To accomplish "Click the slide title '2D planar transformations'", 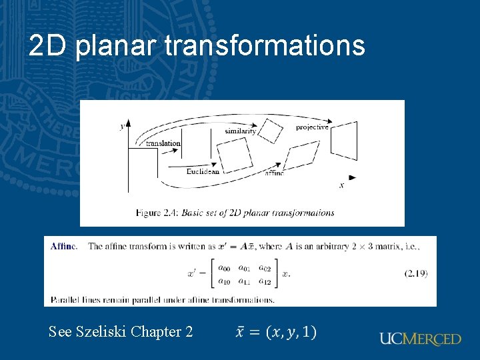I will (197, 46).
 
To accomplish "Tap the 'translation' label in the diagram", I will (163, 143).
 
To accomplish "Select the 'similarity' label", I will (241, 131).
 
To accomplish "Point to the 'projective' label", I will (312, 127).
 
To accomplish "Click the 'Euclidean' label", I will (203, 171).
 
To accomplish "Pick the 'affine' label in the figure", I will (274, 173).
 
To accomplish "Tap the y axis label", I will (122, 125).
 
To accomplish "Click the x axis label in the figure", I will (341, 185).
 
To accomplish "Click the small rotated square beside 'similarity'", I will (271, 129).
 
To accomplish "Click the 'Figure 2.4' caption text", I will (235, 213).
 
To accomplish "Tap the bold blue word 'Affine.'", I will (64, 246).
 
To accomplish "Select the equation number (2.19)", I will (415, 273).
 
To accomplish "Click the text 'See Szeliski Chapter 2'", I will (121, 331).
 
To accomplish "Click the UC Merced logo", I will (420, 339).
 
